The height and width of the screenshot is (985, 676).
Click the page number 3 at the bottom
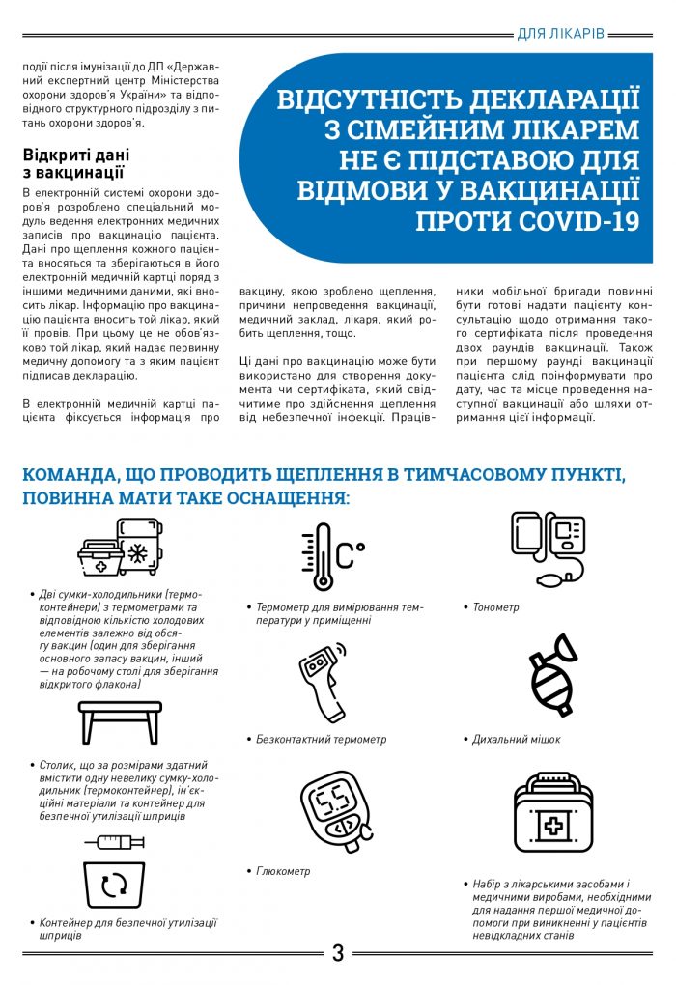pyautogui.click(x=338, y=953)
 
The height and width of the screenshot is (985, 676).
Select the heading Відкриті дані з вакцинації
pyautogui.click(x=76, y=163)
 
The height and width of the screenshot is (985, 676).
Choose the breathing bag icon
pyautogui.click(x=553, y=676)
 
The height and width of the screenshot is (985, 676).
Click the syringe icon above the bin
pyautogui.click(x=114, y=841)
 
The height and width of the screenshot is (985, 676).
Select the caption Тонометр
pyautogui.click(x=495, y=607)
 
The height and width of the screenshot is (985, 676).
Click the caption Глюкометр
pyautogui.click(x=283, y=871)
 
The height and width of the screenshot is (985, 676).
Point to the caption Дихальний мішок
pyautogui.click(x=516, y=740)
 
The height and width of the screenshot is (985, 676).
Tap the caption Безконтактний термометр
pyautogui.click(x=321, y=740)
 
